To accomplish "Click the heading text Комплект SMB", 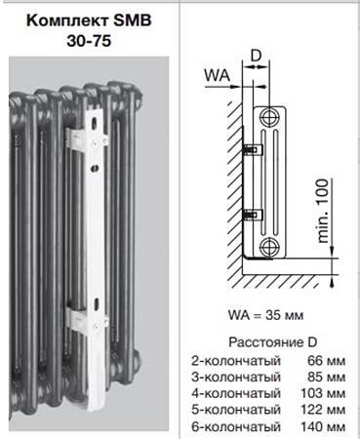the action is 89,20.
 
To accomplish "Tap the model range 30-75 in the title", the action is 89,41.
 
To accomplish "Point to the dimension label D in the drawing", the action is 257,56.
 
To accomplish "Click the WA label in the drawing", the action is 217,75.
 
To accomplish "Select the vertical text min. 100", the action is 323,211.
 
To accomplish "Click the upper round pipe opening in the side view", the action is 269,116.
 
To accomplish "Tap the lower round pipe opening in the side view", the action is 269,246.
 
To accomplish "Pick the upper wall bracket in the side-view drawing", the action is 253,150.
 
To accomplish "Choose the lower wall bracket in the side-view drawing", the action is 253,214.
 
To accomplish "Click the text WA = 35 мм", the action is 265,315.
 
